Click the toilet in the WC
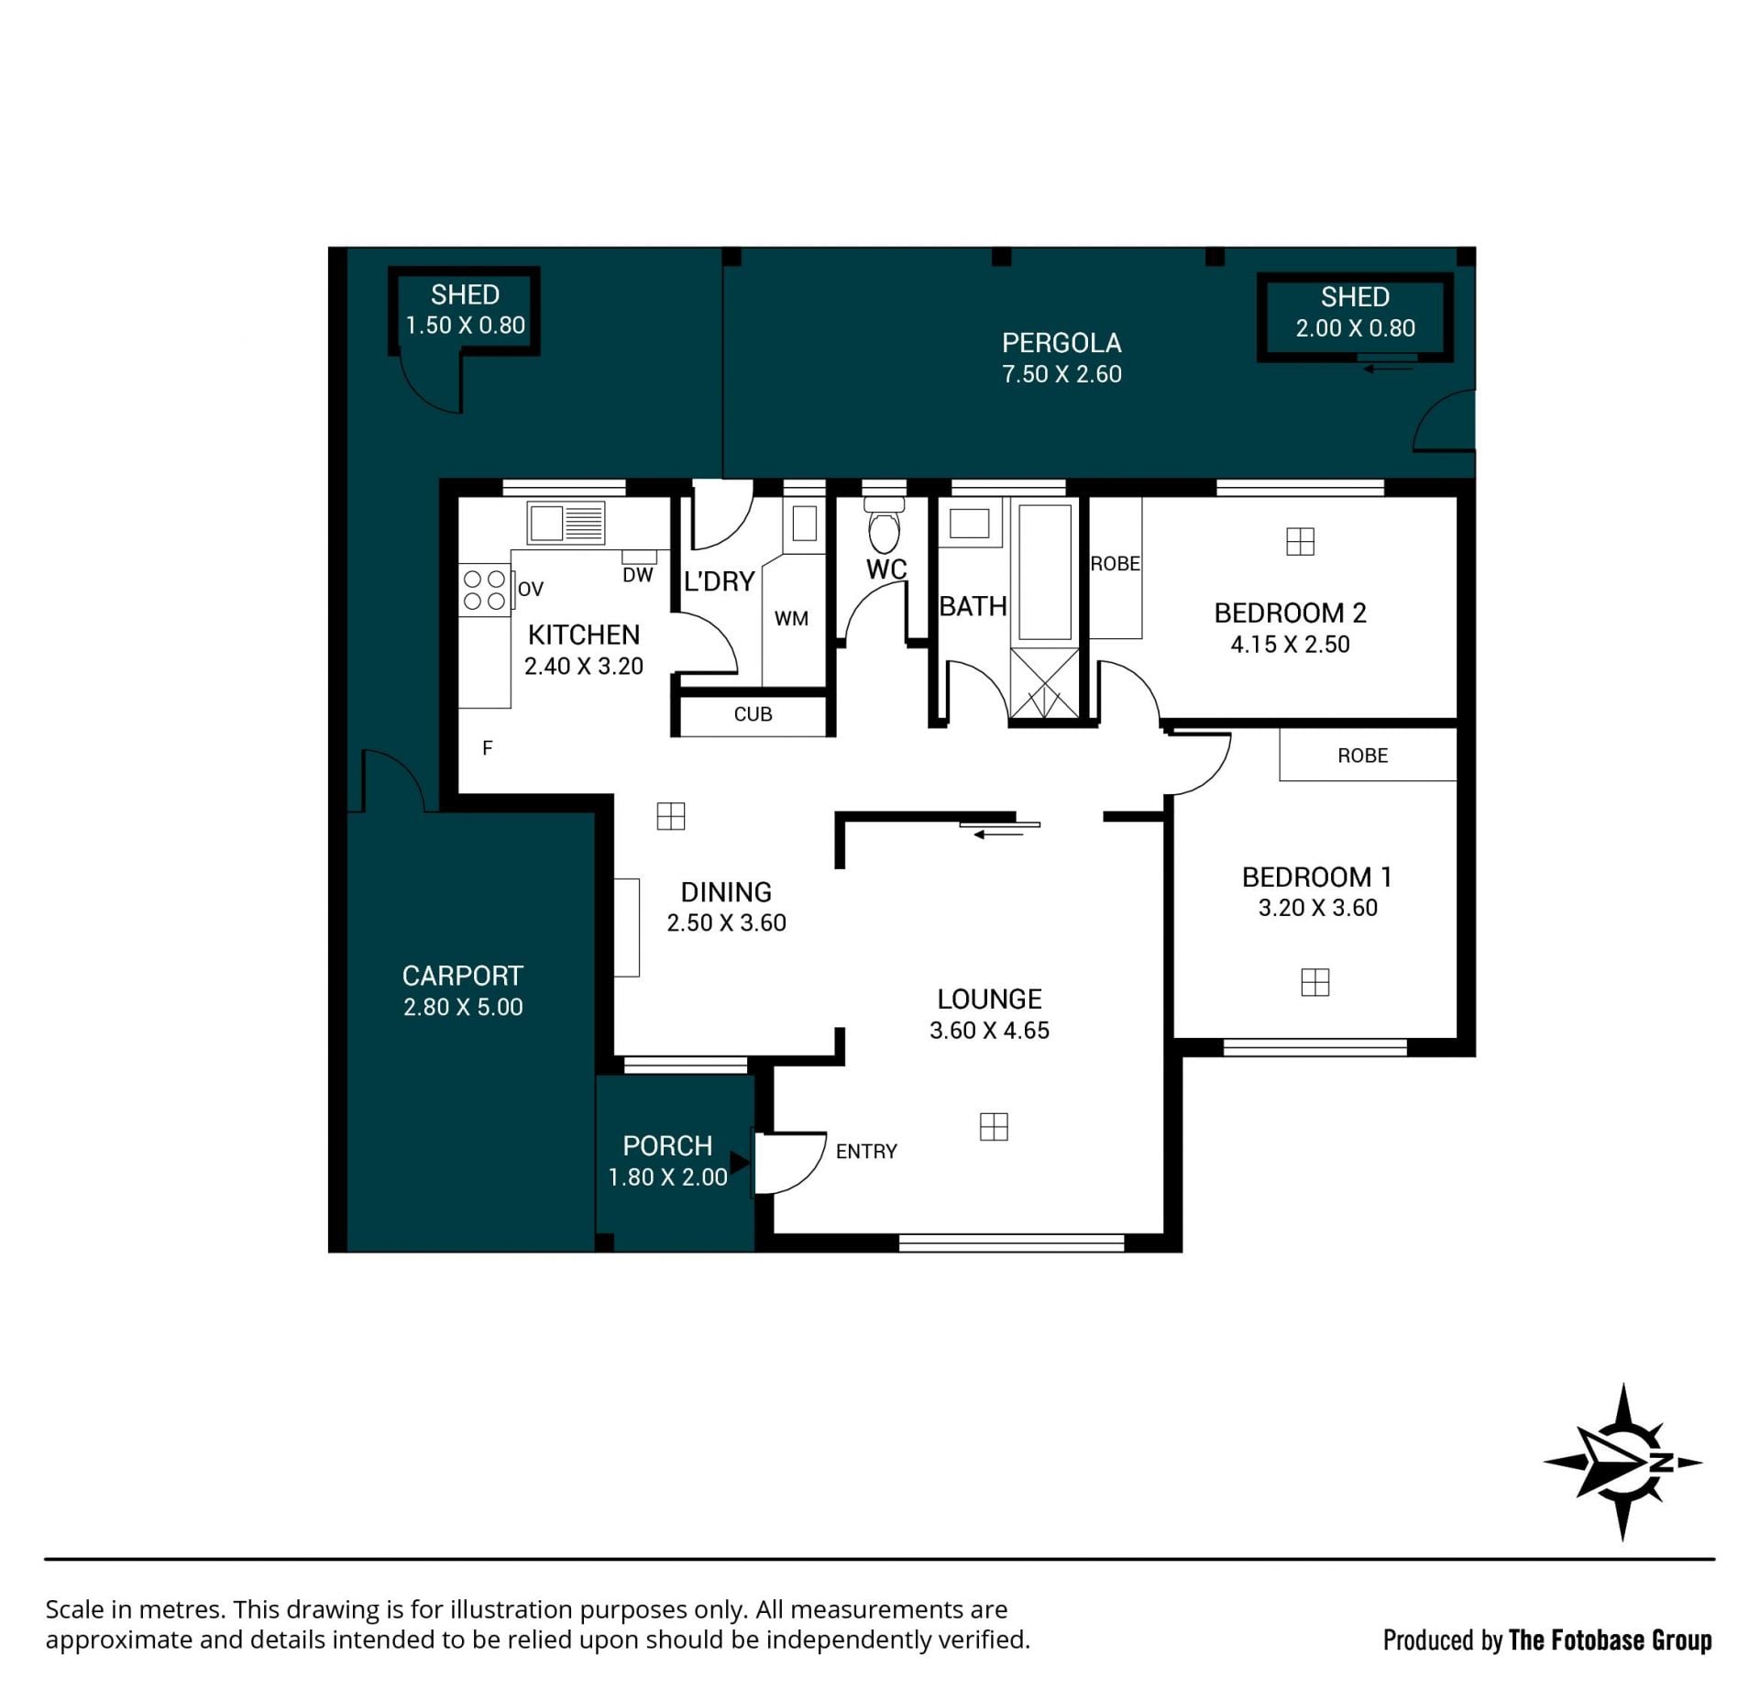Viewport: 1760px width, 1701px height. tap(884, 525)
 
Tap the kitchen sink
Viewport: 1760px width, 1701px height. tap(566, 524)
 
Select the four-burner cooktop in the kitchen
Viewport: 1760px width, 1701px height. tap(484, 590)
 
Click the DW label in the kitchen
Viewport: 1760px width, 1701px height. tap(638, 575)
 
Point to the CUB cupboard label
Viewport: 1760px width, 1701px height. tap(753, 714)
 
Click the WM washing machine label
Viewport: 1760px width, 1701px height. tap(791, 619)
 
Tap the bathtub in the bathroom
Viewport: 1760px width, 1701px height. tap(1045, 572)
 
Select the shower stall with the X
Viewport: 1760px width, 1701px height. tap(1044, 683)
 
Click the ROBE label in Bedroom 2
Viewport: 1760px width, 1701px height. tap(1115, 564)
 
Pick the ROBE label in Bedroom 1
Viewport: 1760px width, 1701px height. tap(1362, 756)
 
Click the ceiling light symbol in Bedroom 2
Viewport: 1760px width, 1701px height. tap(1300, 542)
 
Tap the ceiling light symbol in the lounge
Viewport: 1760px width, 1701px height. tap(994, 1127)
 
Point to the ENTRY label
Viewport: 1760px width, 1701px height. tap(866, 1152)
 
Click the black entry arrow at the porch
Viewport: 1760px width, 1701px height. tap(740, 1164)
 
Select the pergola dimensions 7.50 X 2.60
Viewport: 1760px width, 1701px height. tap(1061, 374)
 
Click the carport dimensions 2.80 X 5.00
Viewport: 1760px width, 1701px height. tap(463, 1007)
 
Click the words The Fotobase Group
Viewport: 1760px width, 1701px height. tap(1611, 1640)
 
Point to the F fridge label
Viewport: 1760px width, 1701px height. tap(488, 748)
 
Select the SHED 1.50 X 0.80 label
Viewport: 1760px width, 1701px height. tap(465, 310)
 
